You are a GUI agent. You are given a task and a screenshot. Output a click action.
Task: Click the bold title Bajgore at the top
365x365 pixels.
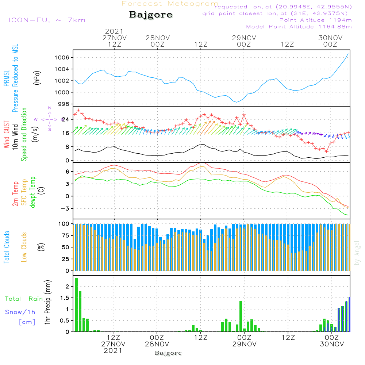tap(151, 15)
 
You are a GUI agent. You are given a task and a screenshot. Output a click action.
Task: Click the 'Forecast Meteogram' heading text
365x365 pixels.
tap(170, 4)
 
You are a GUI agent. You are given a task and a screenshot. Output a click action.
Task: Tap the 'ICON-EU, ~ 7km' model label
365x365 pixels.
tap(47, 20)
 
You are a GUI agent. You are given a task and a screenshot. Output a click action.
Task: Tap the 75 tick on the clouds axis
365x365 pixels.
tap(65, 236)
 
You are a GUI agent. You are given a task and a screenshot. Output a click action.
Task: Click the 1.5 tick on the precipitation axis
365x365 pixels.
tap(65, 298)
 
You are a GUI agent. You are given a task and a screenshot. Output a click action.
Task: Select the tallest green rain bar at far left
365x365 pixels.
tap(76, 305)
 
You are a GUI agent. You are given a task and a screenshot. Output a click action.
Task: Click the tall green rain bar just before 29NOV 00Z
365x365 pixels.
tap(241, 316)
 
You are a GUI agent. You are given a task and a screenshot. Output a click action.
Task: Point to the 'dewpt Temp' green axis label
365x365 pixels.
tap(33, 192)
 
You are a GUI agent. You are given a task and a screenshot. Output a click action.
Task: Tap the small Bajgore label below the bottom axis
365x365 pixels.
tap(168, 353)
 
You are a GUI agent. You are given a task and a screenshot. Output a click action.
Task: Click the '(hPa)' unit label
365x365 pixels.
tap(36, 77)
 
